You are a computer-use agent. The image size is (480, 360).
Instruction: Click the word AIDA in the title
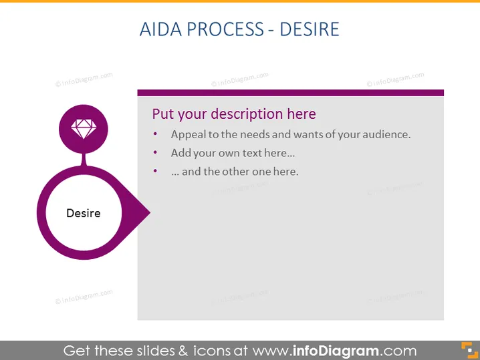160,29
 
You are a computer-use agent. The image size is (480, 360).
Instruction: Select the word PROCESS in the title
225,29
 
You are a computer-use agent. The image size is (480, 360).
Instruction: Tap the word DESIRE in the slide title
310,29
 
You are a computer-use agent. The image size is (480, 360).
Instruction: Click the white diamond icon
84,129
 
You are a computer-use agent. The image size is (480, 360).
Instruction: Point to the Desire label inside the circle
84,213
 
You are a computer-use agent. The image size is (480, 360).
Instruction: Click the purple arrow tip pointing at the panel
149,212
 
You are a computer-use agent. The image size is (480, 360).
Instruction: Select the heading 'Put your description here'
234,114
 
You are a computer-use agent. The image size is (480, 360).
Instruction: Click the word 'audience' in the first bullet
386,134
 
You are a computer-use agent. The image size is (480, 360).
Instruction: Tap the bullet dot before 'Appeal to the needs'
155,134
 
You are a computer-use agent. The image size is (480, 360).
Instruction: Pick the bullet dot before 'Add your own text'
155,152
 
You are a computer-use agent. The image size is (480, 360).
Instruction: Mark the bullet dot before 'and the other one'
155,171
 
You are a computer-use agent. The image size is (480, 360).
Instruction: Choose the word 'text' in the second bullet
252,153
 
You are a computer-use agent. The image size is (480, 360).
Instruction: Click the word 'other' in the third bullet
236,172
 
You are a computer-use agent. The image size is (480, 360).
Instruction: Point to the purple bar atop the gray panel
291,93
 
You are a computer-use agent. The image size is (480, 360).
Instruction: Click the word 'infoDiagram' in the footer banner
336,351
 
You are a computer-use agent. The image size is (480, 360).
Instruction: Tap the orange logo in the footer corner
469,350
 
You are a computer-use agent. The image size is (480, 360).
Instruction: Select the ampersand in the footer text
183,351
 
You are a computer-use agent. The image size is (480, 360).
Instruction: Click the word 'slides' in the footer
156,351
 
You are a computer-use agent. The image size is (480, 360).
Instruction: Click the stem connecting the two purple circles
84,160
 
